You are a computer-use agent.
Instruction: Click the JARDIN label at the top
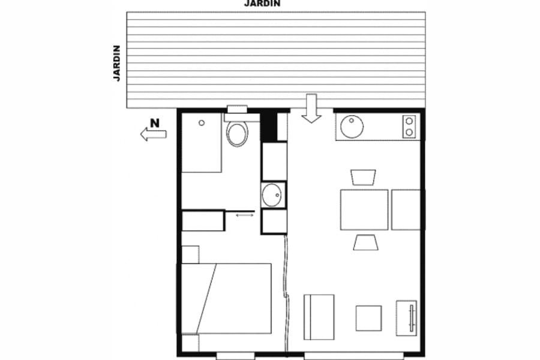[x=262, y=4]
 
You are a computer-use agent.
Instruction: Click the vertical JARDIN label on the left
[x=117, y=63]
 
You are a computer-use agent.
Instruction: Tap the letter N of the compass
[x=155, y=124]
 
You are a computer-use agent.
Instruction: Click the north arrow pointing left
[x=153, y=135]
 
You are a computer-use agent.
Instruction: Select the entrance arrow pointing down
[x=311, y=108]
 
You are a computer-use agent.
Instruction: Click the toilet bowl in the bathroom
[x=238, y=134]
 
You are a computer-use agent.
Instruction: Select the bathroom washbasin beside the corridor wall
[x=273, y=194]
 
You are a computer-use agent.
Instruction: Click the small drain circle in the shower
[x=202, y=122]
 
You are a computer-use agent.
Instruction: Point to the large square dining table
[x=364, y=209]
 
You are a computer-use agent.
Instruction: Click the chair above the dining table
[x=363, y=177]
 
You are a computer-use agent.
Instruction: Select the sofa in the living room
[x=319, y=316]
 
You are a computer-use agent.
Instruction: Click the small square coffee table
[x=368, y=318]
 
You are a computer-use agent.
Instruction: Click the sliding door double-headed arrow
[x=244, y=214]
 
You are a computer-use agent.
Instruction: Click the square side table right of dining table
[x=407, y=209]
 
